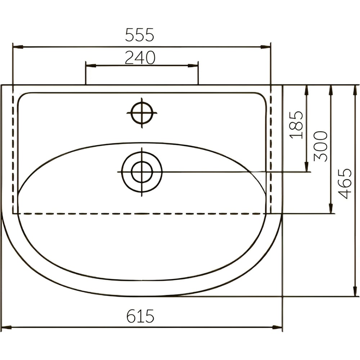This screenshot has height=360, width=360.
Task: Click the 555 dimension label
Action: click(x=139, y=35)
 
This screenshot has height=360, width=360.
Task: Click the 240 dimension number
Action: click(x=140, y=58)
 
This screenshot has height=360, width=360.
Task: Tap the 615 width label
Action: click(x=140, y=316)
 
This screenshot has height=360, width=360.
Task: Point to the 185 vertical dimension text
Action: click(x=296, y=125)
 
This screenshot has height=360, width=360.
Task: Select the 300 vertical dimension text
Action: click(x=320, y=146)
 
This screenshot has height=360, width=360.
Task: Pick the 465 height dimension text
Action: click(x=345, y=184)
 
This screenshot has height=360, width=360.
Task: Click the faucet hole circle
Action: click(x=142, y=113)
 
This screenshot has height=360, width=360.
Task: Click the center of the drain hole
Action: click(x=142, y=172)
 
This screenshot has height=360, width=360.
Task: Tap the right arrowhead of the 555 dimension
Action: click(x=265, y=47)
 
